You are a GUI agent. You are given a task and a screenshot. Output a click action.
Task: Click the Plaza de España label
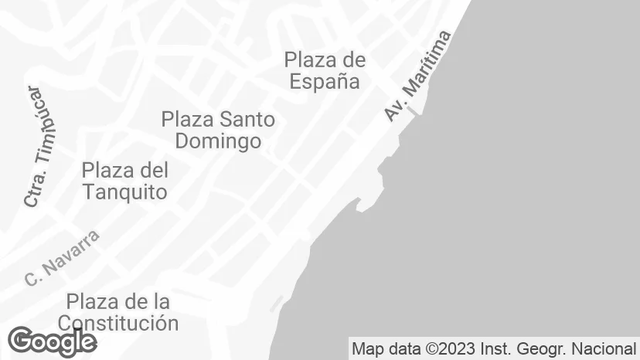coord(325,70)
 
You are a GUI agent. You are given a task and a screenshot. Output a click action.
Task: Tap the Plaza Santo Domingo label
coord(218,131)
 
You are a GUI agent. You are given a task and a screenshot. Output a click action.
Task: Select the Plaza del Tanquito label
coord(124,181)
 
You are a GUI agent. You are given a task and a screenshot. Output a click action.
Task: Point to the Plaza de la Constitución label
coord(118,311)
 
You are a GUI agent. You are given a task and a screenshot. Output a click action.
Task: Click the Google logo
coord(52,341)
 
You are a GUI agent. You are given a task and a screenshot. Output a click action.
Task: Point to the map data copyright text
coord(494,348)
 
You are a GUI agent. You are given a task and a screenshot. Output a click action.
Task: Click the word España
coord(325,81)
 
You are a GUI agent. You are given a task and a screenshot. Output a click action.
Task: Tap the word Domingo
coord(218,141)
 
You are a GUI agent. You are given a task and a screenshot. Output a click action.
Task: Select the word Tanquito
coord(124,192)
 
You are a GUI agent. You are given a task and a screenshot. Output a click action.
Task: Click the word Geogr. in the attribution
coord(545,348)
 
